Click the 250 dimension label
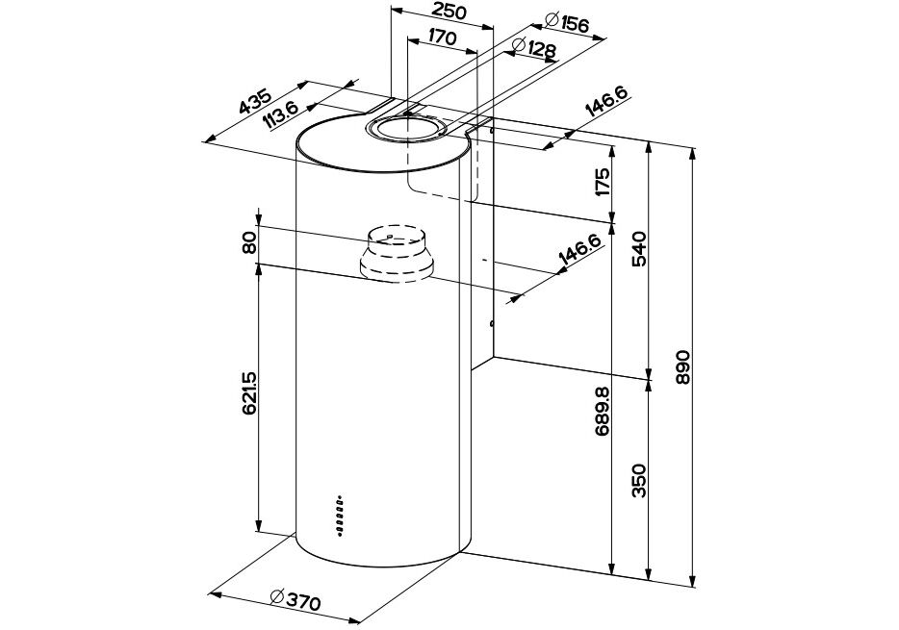(449, 13)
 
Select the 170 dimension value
(441, 38)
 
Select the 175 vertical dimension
(603, 182)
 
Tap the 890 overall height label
(682, 366)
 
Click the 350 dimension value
(641, 481)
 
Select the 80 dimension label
(249, 244)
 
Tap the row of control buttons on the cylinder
(340, 514)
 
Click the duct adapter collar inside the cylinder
(396, 256)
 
